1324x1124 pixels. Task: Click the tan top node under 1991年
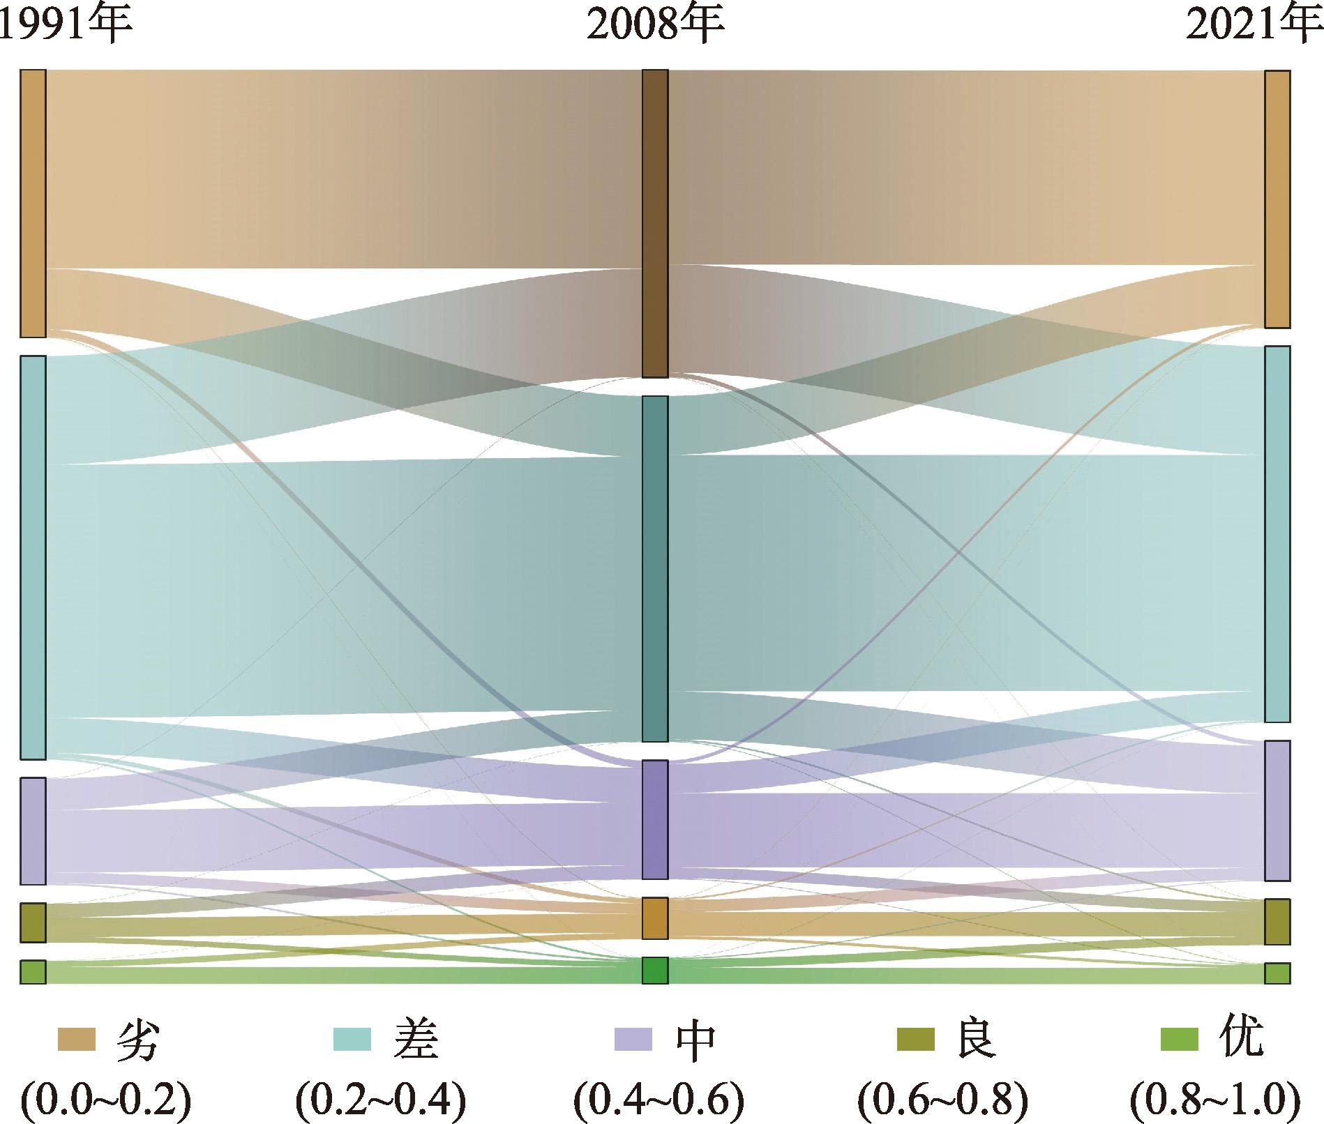click(33, 204)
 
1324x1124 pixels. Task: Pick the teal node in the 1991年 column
click(33, 557)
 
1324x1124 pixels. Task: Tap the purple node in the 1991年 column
click(33, 830)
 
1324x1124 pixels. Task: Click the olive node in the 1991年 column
click(33, 922)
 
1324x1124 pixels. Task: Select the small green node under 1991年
click(33, 972)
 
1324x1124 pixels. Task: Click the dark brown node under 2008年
click(655, 223)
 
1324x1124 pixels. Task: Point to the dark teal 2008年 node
click(655, 568)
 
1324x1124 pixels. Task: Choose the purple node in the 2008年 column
click(655, 819)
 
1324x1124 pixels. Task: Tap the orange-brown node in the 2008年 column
click(655, 918)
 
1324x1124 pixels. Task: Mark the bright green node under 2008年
click(655, 971)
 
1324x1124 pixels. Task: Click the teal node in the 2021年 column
click(1277, 533)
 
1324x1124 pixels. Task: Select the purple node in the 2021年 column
click(1277, 810)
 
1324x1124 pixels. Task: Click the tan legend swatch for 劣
click(76, 1038)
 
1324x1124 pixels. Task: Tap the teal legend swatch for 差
click(352, 1038)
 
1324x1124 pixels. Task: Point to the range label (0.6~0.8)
click(943, 1100)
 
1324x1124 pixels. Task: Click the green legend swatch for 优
click(1178, 1038)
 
